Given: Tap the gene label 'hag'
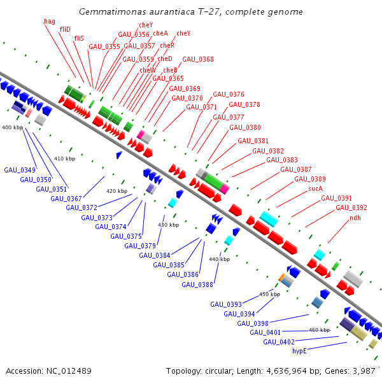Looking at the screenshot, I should coord(49,22).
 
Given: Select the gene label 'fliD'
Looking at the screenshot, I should coord(65,30).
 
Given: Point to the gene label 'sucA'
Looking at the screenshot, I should coord(316,189).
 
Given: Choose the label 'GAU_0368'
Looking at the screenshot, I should coord(198,60).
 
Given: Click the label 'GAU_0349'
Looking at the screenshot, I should coord(20,170).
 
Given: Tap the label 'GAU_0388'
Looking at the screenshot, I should coord(197,285).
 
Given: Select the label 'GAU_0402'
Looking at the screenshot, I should coord(279,342).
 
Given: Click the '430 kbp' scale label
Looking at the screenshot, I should coord(168,225).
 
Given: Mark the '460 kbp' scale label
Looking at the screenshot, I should coord(319,330).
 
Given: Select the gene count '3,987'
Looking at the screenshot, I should coord(364,371).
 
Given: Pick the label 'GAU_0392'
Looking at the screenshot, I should coord(351,208).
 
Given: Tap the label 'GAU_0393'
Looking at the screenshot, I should coord(226,304).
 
